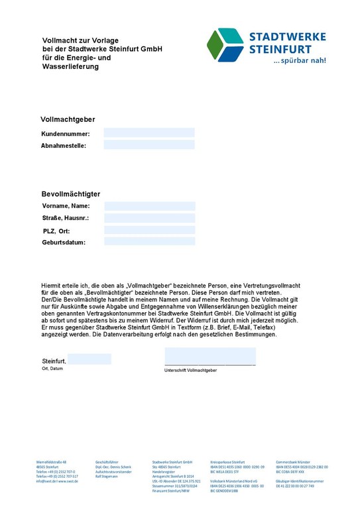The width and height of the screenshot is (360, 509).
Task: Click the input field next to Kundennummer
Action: [x=149, y=133]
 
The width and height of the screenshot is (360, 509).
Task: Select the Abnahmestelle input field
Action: [x=149, y=144]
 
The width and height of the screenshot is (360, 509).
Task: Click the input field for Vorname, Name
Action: [x=150, y=206]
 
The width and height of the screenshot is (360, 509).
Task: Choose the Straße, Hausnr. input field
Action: [x=150, y=218]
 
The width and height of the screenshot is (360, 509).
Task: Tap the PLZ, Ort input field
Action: [x=150, y=230]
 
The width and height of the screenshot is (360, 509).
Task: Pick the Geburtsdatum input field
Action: [x=150, y=242]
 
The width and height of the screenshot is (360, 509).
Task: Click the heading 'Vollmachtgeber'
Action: [x=68, y=120]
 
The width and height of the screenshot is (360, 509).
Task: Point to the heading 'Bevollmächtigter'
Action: [x=70, y=194]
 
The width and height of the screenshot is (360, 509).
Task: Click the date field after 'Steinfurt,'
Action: [x=90, y=359]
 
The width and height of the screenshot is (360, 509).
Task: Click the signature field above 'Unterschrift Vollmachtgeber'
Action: [x=210, y=357]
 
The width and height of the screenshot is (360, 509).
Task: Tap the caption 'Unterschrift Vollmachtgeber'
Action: [x=190, y=370]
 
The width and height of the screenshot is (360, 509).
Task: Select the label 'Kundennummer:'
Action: [x=65, y=134]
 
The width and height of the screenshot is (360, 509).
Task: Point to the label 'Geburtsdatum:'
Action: [x=64, y=243]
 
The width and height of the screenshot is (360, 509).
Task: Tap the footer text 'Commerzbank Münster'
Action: [x=293, y=461]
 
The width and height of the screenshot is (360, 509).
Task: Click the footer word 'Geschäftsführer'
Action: [x=107, y=461]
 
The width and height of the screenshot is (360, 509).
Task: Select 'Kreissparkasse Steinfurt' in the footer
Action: [x=227, y=461]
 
